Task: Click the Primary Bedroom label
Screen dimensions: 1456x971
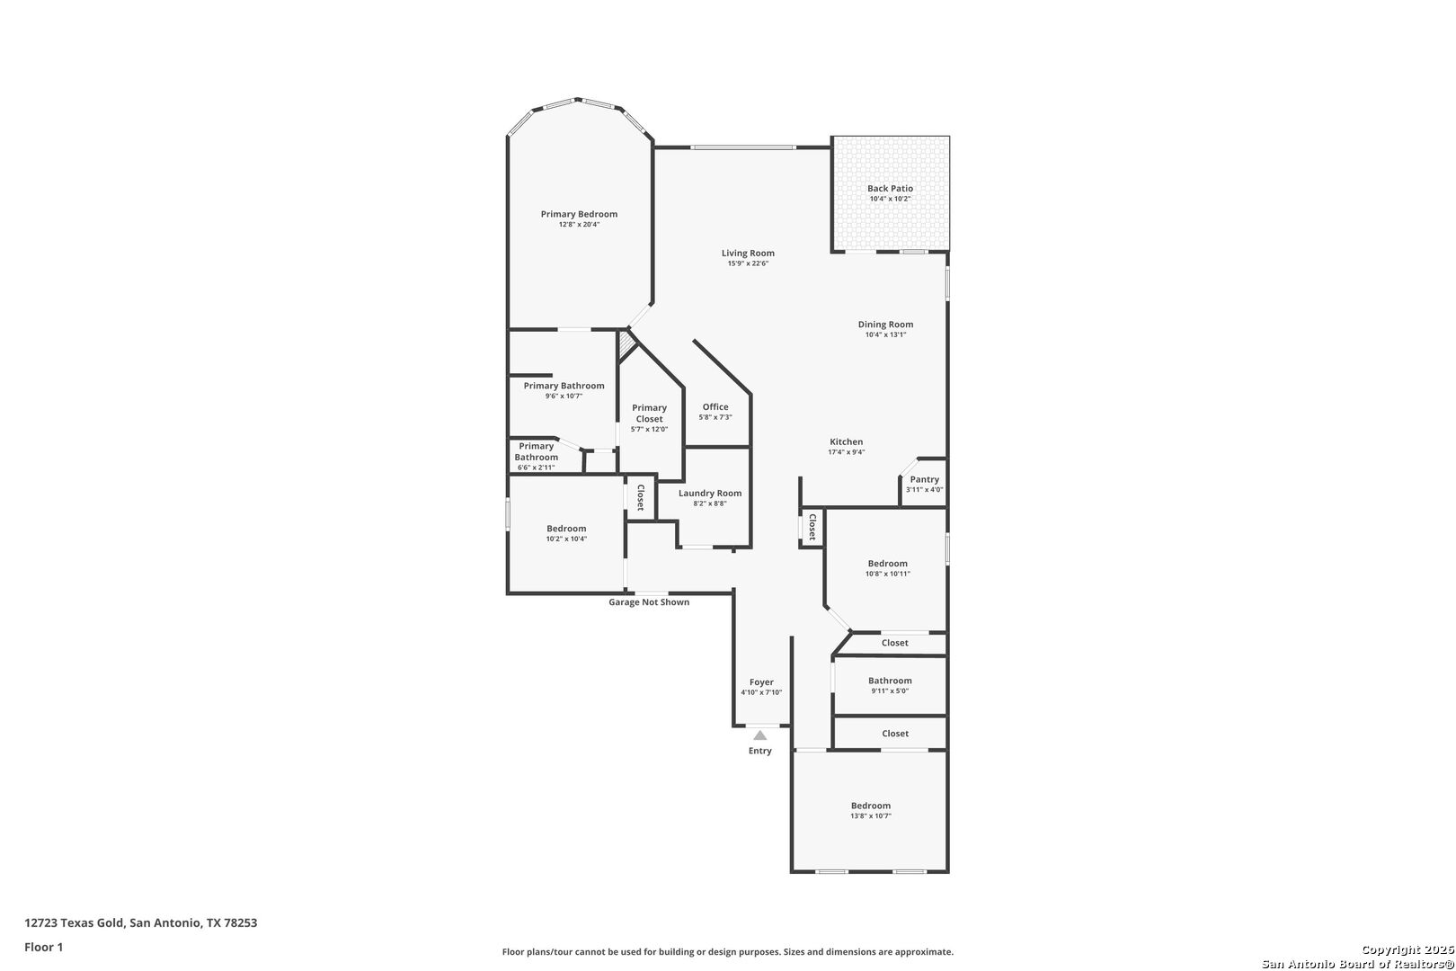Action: coord(579,214)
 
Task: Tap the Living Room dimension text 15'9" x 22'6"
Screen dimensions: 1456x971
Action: coord(748,263)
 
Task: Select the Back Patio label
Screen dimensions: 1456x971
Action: coord(890,189)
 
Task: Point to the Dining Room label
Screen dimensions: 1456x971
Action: coord(885,325)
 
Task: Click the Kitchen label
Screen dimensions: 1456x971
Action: coord(847,442)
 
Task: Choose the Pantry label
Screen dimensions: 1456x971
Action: coord(924,479)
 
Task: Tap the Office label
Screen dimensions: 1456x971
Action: coord(715,407)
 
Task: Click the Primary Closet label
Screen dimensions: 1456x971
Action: coord(649,413)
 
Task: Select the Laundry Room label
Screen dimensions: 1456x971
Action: coord(710,493)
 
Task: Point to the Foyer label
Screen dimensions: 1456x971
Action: coord(761,682)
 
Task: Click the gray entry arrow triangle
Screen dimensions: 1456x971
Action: coord(759,735)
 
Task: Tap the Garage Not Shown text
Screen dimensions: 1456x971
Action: coord(649,602)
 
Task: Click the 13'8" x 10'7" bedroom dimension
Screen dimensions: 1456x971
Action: coord(871,815)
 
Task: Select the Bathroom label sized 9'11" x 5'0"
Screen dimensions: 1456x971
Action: coord(890,681)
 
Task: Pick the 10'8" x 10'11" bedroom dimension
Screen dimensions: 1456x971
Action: coord(888,574)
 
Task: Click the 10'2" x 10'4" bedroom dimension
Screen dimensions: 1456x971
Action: coord(566,539)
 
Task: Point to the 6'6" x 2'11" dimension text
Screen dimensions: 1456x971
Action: coord(537,468)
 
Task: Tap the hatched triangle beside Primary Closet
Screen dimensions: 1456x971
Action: coord(625,343)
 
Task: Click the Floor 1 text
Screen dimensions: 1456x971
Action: coord(43,947)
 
